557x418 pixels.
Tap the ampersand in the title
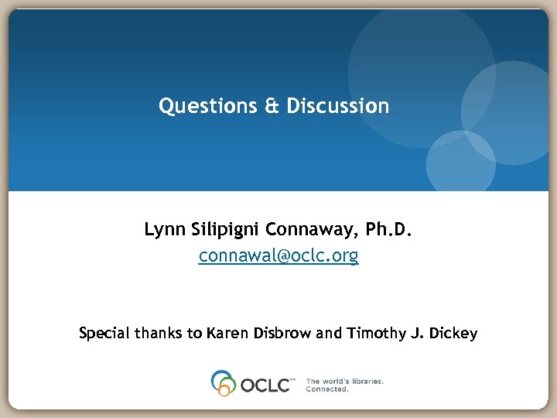click(x=272, y=106)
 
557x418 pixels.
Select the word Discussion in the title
click(x=338, y=106)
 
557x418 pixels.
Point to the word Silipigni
click(x=223, y=230)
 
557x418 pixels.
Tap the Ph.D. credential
click(x=388, y=230)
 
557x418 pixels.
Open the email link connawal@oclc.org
click(x=278, y=255)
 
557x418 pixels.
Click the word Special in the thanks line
click(x=104, y=334)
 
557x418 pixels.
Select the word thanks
click(x=158, y=334)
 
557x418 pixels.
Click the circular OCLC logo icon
click(x=224, y=383)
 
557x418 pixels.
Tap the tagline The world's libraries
click(x=344, y=381)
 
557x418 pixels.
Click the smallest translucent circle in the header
click(x=461, y=163)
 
